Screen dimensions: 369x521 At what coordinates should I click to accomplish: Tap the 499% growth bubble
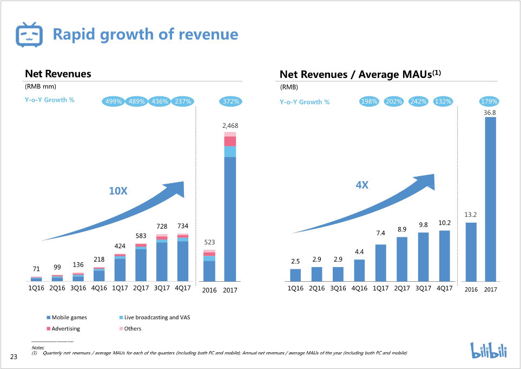113,101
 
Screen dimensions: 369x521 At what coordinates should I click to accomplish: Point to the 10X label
117,191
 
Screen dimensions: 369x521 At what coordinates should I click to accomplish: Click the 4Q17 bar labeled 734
182,258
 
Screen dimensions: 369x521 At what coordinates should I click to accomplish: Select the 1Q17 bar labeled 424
120,268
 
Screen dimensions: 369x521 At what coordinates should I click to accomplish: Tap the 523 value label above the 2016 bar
209,242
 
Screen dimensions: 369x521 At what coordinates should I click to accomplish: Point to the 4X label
362,185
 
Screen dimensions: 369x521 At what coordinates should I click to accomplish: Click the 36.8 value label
490,112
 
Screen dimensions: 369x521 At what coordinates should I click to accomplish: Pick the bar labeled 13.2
471,252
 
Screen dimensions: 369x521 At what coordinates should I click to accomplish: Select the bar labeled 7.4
380,263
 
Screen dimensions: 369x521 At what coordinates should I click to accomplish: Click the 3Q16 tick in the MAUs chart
338,289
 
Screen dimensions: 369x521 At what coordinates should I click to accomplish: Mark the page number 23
14,357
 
